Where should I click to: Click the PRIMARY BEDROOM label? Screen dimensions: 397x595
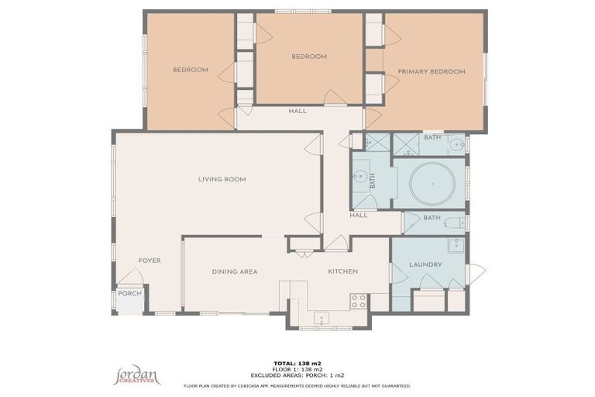pos(432,71)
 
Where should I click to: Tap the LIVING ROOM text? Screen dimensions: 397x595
pos(222,179)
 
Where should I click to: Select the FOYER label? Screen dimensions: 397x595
pos(150,261)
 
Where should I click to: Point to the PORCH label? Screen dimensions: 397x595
pos(129,293)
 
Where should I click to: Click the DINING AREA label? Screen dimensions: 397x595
pos(235,271)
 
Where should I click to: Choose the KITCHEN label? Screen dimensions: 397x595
pos(342,271)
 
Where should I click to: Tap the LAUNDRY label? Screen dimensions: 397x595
pos(425,264)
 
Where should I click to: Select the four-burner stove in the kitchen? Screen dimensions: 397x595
pos(358,301)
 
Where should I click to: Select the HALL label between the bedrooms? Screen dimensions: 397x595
pos(297,111)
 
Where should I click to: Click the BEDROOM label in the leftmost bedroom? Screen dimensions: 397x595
pos(190,70)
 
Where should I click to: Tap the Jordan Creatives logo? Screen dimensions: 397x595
pos(137,376)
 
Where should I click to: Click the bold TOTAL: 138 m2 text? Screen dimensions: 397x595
pos(297,363)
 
